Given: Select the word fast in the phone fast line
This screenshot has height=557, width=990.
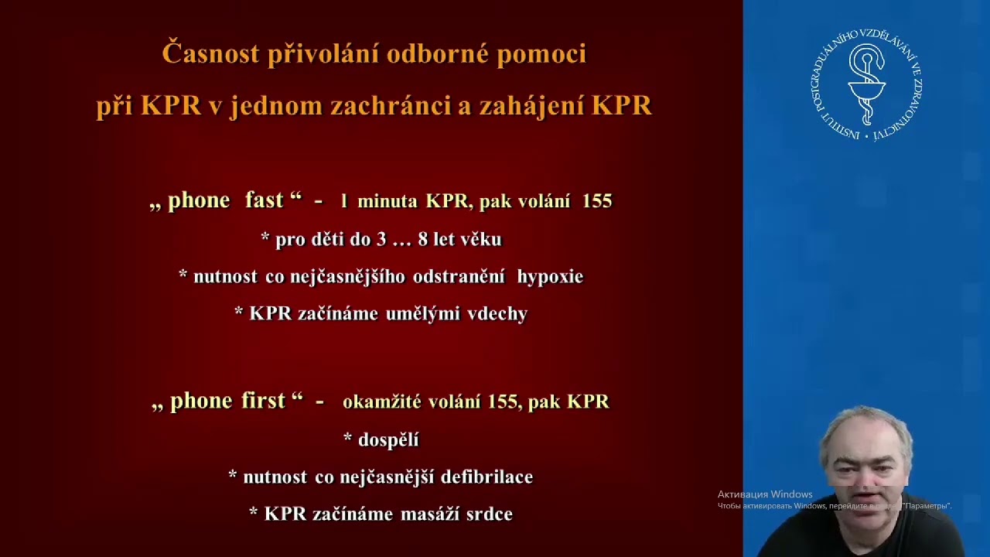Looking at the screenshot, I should (x=264, y=200).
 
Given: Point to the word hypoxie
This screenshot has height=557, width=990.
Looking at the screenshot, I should (x=550, y=277).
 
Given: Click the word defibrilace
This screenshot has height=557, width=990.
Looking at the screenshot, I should (x=486, y=477).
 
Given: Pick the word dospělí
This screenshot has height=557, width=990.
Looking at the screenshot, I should (x=388, y=440).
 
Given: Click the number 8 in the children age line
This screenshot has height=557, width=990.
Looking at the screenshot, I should (x=422, y=240).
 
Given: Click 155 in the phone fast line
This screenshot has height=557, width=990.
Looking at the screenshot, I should (x=597, y=201).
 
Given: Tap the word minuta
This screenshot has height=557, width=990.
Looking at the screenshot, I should (x=388, y=201).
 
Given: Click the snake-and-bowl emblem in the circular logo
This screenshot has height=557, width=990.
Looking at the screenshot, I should (x=868, y=82).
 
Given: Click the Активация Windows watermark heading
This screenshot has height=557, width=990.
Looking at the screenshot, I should (x=764, y=494).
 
